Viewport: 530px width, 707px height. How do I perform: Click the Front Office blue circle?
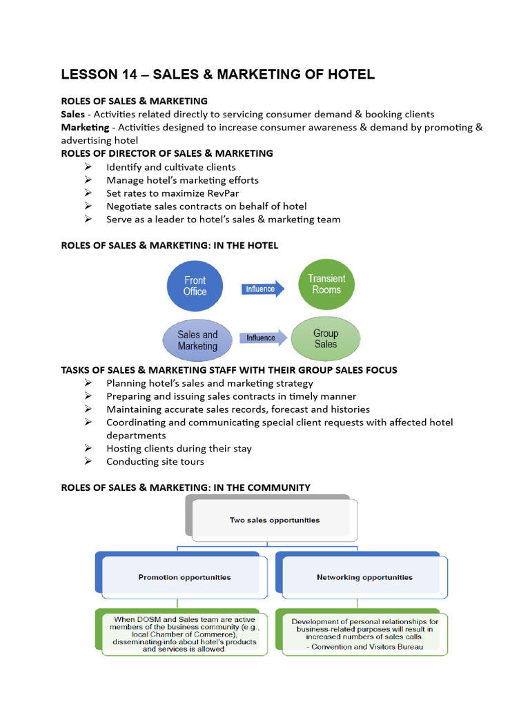(195, 286)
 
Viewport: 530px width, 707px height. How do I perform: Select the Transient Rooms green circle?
(326, 284)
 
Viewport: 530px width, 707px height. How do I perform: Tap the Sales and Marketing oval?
(197, 340)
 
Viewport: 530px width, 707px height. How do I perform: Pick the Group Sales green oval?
(325, 338)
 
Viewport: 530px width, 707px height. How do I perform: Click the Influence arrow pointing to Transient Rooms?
(262, 289)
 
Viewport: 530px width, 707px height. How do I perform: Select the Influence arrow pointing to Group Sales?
(262, 338)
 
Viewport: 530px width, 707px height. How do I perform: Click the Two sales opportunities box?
(274, 520)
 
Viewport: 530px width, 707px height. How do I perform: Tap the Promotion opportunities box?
(184, 577)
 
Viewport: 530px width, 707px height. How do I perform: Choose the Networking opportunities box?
(364, 577)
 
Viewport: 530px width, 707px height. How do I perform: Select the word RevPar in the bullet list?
(222, 193)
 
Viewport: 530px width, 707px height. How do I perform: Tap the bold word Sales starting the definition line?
(73, 114)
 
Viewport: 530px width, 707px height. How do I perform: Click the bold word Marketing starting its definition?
(85, 127)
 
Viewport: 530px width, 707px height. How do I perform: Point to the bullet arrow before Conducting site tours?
(88, 461)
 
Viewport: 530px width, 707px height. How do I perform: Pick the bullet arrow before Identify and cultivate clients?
(88, 167)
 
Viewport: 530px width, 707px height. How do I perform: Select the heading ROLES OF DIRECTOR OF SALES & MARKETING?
(167, 153)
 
